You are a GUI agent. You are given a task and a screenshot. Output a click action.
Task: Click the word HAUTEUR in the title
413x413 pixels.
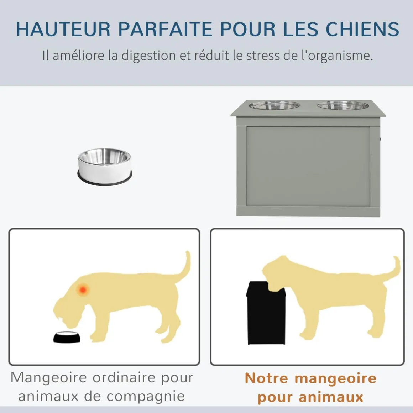click(x=63, y=29)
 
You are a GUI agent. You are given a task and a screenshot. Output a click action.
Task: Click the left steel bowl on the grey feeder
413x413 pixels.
click(x=275, y=105)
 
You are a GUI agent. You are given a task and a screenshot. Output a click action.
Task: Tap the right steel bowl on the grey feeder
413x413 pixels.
click(x=343, y=105)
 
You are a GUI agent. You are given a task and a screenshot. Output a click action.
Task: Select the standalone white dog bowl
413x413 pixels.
click(x=105, y=167)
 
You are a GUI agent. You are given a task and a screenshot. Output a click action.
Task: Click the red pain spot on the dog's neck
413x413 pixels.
click(x=83, y=290)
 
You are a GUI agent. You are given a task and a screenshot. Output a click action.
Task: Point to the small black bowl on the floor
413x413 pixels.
click(x=67, y=337)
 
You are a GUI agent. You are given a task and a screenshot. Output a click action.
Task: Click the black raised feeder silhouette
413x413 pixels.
click(x=266, y=313)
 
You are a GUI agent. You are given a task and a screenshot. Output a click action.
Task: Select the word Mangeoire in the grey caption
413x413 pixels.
click(x=48, y=378)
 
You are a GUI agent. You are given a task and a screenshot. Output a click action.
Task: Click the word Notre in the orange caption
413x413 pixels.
click(x=266, y=378)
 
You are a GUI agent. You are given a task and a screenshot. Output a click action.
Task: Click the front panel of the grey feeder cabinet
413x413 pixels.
click(x=308, y=167)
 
